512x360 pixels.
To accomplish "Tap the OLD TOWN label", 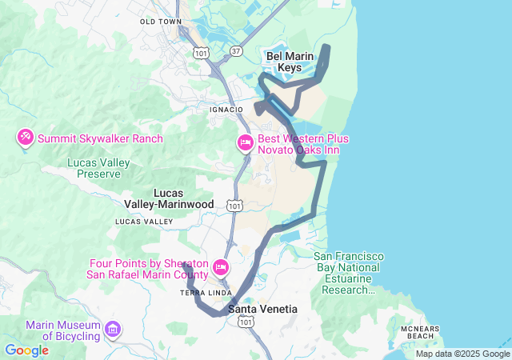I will tap(161, 22).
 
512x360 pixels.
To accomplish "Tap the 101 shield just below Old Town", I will tap(201, 53).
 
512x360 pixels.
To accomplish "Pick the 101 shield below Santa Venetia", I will tap(246, 322).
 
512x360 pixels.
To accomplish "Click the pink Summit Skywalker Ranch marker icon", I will tap(25, 138).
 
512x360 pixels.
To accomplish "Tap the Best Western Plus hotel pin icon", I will tap(246, 144).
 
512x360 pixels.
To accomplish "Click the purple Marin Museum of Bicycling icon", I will tap(113, 330).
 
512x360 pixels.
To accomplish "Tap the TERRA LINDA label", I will tap(200, 293).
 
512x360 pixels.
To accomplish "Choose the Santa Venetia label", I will tap(262, 309).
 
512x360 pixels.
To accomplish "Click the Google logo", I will tap(26, 350).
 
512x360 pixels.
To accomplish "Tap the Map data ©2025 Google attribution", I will tap(462, 354).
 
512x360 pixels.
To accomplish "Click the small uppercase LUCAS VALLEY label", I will tap(144, 221).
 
